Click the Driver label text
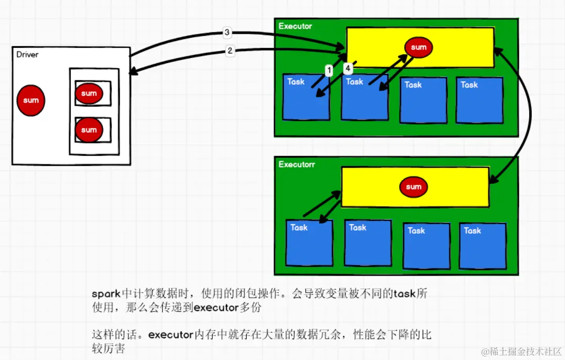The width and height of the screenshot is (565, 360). [x=27, y=55]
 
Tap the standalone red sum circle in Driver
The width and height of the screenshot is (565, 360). [x=31, y=100]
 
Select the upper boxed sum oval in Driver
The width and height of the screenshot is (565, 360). [x=89, y=93]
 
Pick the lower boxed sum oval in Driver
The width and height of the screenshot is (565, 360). [x=89, y=130]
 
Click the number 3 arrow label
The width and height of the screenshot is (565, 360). [x=227, y=33]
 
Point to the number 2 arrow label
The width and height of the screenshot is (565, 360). [x=230, y=50]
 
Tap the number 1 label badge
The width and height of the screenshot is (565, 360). [x=329, y=71]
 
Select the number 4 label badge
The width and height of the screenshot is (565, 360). [x=348, y=68]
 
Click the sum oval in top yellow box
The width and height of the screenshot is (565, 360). [x=419, y=47]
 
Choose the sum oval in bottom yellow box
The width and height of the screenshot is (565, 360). [x=414, y=187]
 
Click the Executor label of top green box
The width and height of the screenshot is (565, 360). [x=296, y=26]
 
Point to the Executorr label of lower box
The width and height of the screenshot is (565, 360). [x=297, y=165]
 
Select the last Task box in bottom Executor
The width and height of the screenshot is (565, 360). [x=482, y=246]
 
